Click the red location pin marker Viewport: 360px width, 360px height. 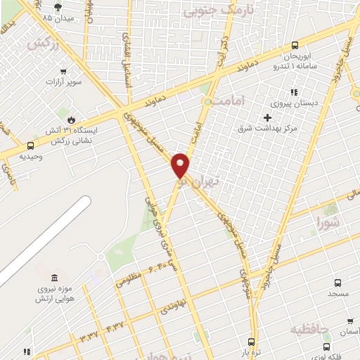(x=181, y=165)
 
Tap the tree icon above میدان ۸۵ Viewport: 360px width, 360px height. (x=47, y=6)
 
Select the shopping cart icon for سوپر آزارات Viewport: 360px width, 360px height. (x=63, y=71)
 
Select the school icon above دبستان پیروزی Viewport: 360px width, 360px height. (x=294, y=92)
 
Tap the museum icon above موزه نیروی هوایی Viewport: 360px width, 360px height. (x=55, y=276)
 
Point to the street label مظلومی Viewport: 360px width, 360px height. (x=129, y=280)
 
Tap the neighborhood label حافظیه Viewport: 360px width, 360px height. (x=311, y=329)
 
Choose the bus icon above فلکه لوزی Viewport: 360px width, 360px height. (x=327, y=346)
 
